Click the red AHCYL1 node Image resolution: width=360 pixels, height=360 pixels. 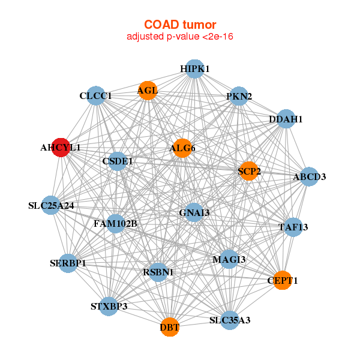point(61,148)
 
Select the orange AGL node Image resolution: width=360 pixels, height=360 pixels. point(148,91)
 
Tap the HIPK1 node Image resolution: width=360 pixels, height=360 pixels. point(194,69)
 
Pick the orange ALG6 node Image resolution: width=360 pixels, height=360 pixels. point(182,148)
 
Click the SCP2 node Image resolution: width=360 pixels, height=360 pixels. point(249,171)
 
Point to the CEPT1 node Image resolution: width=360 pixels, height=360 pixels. point(283,280)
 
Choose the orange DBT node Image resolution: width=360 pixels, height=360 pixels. point(169,327)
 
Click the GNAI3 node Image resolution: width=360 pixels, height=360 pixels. point(194,212)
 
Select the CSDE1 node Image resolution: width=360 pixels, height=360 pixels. point(118,161)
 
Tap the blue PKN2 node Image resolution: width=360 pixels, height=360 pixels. point(239,96)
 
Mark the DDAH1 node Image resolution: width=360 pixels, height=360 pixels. point(286,119)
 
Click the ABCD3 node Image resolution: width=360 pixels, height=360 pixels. point(309,176)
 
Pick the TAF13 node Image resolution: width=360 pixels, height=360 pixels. point(293,227)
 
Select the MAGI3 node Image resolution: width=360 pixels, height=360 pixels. point(229,259)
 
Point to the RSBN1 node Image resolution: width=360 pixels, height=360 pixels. point(158,272)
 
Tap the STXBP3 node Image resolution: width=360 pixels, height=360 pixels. point(109,306)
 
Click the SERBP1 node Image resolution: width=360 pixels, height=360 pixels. point(68,263)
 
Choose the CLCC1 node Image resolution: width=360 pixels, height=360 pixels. point(96,96)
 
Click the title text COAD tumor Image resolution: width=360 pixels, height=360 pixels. point(180,25)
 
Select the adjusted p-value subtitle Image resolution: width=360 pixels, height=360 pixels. point(180,37)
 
